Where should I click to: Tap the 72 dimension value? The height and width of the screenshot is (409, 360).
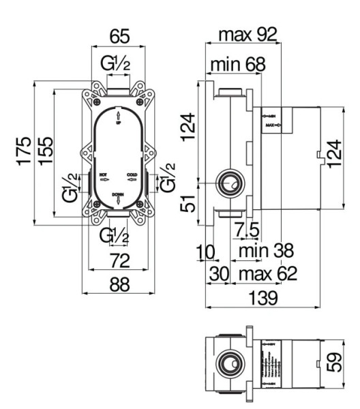click(119, 260)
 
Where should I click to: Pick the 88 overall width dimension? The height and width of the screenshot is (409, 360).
click(119, 286)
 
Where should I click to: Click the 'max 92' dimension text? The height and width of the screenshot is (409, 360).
click(247, 35)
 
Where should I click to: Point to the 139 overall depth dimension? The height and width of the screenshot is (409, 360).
click(262, 298)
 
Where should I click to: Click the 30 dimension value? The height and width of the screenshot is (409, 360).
click(219, 274)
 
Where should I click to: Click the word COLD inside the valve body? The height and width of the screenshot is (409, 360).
click(132, 175)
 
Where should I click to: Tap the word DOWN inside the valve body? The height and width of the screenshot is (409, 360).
click(118, 194)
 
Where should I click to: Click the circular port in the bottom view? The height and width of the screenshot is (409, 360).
click(229, 363)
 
